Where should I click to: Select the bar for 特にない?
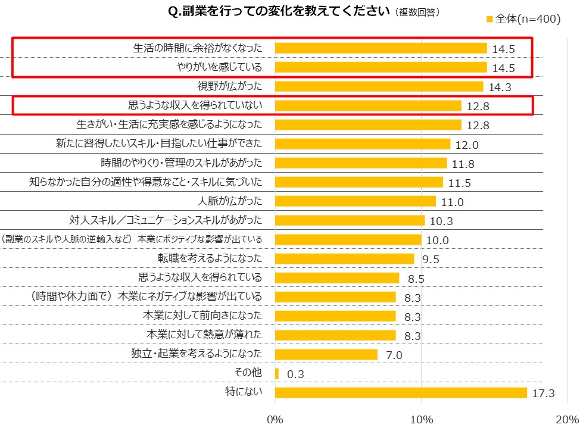401,392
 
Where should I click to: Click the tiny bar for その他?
277,373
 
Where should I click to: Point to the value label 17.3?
543,393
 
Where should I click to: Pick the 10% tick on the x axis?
422,420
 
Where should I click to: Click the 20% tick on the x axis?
567,420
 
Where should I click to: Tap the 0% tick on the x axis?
275,420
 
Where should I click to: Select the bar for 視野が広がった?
379,86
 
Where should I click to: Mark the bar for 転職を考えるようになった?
344,258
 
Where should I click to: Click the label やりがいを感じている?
220,67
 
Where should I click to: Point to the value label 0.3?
295,374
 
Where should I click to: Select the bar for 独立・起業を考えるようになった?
326,354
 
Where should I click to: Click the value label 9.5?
429,259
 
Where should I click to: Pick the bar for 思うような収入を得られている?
337,277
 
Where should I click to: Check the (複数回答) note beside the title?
417,13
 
